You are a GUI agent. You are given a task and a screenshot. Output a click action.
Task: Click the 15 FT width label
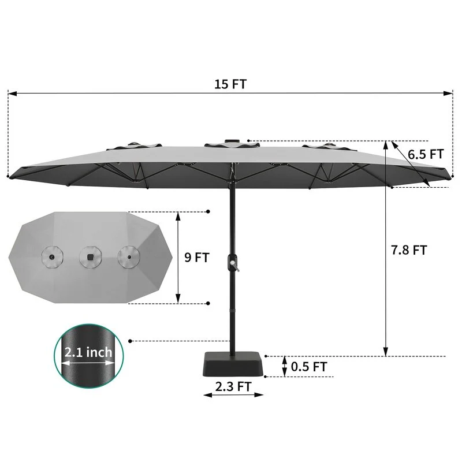pos(230,84)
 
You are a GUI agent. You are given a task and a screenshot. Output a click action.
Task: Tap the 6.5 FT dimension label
pos(426,154)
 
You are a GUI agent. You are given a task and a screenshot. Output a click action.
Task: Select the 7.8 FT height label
pos(409,250)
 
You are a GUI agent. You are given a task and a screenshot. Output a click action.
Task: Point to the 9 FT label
pos(197,258)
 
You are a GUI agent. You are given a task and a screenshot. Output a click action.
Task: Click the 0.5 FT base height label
pos(309,367)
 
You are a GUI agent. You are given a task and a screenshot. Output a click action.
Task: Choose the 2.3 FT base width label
pos(233,386)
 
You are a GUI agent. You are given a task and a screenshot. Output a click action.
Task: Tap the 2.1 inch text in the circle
pos(88,352)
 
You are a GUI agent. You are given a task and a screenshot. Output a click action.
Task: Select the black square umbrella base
pos(233,364)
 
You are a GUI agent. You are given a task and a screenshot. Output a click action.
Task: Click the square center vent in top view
pos(91,257)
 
